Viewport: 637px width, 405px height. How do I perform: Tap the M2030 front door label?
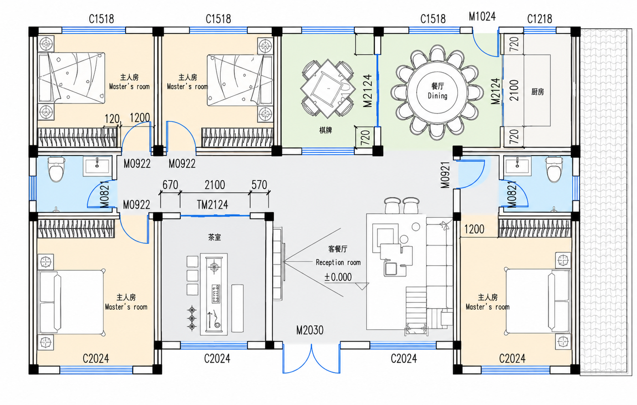click(310, 330)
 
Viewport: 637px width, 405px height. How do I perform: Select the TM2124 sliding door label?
click(213, 205)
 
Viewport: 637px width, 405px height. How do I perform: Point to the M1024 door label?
click(482, 17)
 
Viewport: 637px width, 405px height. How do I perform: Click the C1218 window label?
click(539, 19)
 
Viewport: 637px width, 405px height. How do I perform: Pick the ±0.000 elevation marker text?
click(338, 277)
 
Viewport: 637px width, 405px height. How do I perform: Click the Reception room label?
click(338, 262)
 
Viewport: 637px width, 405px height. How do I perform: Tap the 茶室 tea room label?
click(214, 237)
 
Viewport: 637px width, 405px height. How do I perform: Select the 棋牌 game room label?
click(326, 130)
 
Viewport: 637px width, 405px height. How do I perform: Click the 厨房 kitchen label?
click(537, 92)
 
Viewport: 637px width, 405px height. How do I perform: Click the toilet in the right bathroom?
click(554, 170)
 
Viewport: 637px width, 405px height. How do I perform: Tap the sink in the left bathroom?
click(97, 166)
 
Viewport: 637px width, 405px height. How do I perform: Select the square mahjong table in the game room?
click(328, 88)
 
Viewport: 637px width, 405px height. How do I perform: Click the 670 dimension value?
click(170, 185)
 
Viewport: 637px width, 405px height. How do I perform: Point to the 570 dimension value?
click(259, 185)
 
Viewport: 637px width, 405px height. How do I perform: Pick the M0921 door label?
click(445, 175)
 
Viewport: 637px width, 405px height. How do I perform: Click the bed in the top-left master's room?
click(72, 78)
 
